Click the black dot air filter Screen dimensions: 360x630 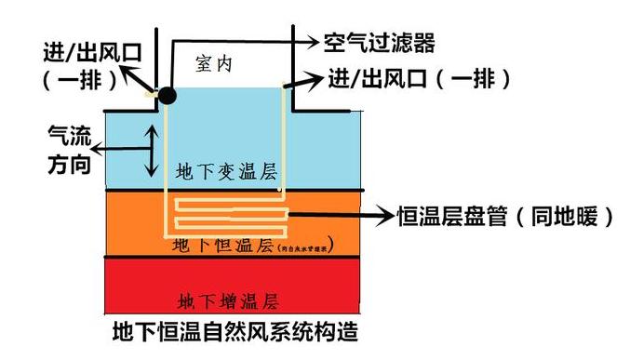click(x=167, y=94)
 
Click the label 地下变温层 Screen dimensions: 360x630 click(x=226, y=172)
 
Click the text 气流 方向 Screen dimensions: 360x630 click(x=70, y=150)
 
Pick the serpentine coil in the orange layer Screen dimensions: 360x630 click(x=229, y=216)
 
